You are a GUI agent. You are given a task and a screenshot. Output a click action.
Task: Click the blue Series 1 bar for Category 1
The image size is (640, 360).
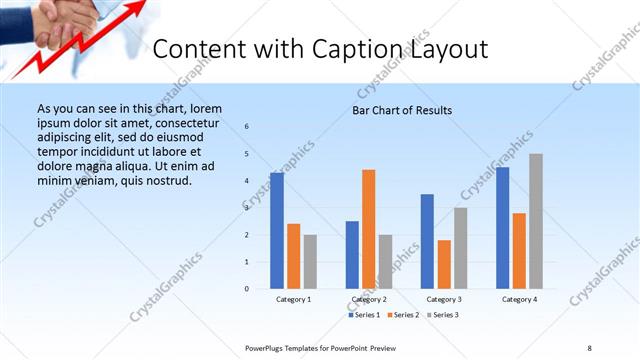click(277, 230)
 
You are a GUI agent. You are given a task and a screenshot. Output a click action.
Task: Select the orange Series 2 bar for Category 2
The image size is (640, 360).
click(369, 229)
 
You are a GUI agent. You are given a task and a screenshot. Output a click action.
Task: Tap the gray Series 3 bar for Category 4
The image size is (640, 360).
click(536, 221)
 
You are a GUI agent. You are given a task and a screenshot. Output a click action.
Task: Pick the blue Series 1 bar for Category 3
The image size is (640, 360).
click(427, 241)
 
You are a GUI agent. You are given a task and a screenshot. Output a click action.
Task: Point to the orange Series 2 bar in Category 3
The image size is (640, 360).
click(444, 264)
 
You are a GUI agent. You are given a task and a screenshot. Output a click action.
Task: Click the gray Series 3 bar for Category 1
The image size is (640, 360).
click(310, 261)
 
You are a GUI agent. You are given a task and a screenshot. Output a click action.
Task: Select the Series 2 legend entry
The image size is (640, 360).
click(402, 315)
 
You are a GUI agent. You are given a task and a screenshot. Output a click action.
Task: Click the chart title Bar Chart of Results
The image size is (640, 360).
click(401, 110)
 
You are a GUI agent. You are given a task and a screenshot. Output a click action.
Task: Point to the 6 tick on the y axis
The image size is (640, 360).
click(247, 126)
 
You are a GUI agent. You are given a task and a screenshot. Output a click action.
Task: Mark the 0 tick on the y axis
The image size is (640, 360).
click(247, 289)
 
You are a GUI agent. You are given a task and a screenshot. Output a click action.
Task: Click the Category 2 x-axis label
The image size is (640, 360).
click(369, 299)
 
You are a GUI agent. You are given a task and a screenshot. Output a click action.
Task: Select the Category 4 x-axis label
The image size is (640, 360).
click(519, 299)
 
